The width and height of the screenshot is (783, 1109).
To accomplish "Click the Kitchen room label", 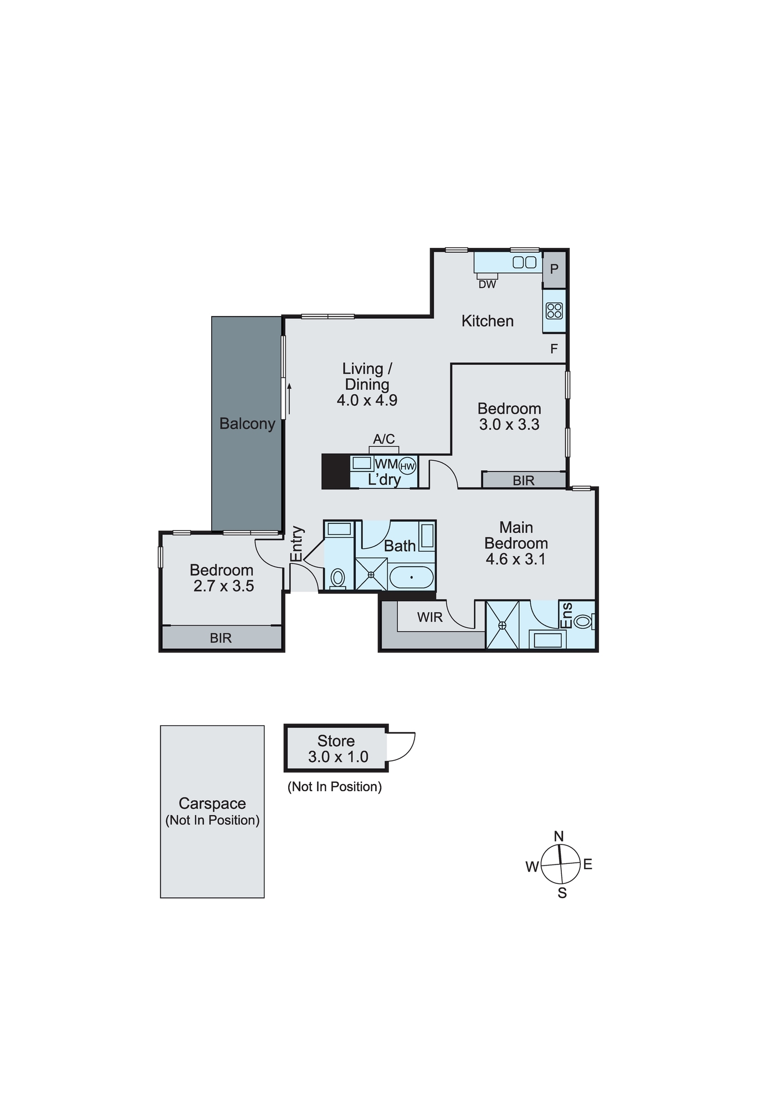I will coord(487,321).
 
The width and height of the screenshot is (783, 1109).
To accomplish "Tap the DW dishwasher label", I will coord(487,284).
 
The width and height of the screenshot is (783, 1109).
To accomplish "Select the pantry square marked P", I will coord(554,269).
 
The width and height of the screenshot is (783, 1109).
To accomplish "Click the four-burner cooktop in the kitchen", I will coord(554,311).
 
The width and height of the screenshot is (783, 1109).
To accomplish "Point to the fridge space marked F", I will coord(554,349).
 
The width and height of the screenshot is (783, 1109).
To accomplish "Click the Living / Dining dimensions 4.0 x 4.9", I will coord(367,400).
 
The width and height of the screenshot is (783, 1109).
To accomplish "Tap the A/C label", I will coord(383,439).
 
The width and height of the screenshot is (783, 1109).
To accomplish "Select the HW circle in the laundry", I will coord(407,466).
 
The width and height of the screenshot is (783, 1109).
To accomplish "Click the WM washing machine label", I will coord(386,464).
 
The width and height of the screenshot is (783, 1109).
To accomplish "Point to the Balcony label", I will coord(247,424).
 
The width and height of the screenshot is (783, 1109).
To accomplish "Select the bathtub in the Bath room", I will coord(411,578).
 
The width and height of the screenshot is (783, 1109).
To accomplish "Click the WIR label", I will coord(430,617).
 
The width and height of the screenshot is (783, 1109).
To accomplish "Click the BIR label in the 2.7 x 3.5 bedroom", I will coord(221,638).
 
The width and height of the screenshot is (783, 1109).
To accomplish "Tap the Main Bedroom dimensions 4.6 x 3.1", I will coord(515,559).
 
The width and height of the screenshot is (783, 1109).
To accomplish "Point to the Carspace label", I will coord(212,803).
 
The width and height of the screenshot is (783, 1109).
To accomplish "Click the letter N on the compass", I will coord(559,836).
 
